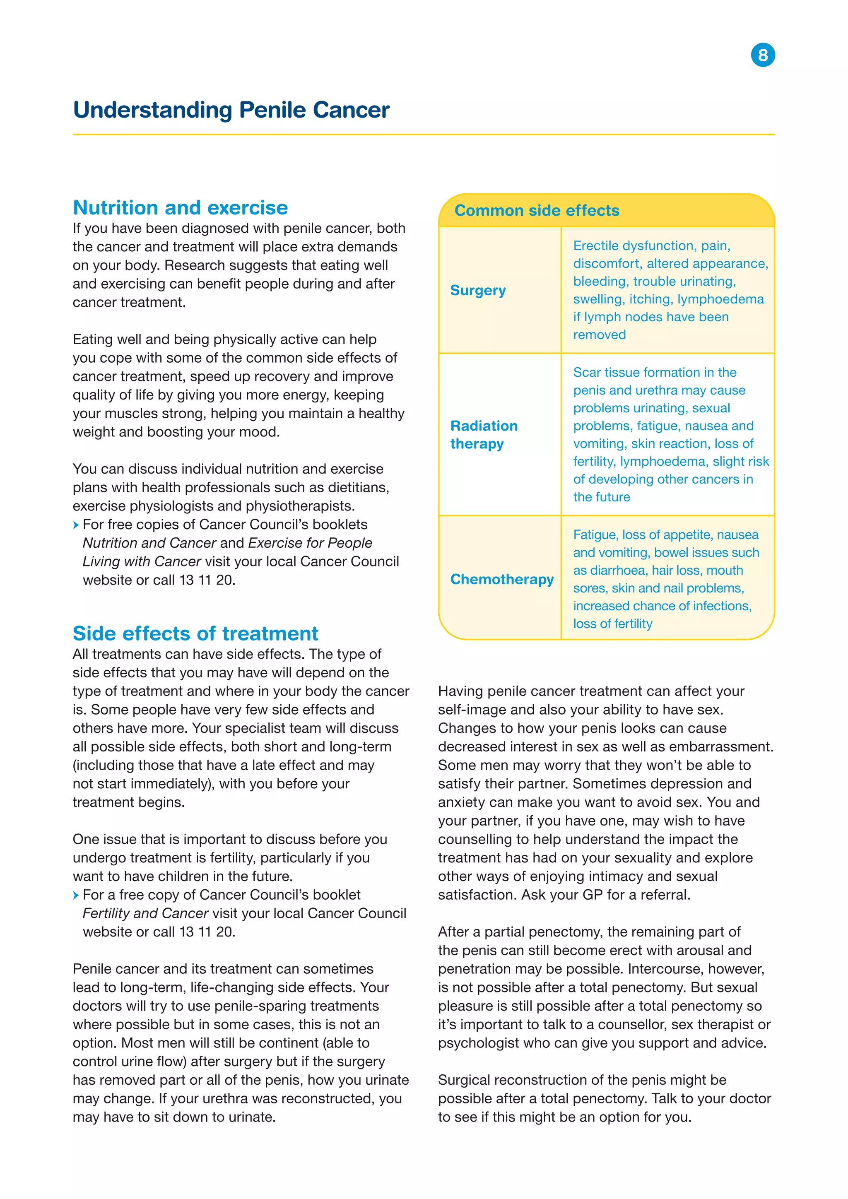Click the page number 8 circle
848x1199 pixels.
(762, 55)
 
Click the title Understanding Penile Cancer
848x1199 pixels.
(231, 110)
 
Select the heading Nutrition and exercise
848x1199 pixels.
(180, 208)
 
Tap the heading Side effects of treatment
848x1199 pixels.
(195, 633)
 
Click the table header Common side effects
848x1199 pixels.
(536, 210)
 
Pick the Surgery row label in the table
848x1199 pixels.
(478, 290)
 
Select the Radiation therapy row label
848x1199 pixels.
(484, 434)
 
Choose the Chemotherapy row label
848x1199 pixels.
(502, 579)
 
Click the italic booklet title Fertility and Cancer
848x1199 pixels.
(146, 913)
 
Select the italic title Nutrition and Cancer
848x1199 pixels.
(149, 543)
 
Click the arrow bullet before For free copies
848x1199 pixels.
(76, 525)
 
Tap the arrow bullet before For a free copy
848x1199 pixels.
(76, 895)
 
